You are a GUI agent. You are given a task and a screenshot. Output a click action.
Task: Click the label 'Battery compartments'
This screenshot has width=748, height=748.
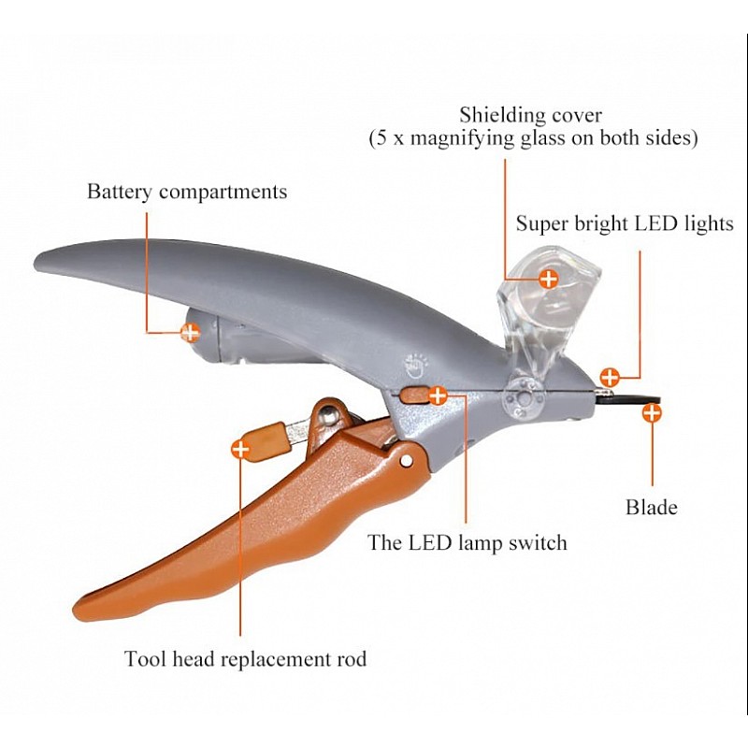pos(187,193)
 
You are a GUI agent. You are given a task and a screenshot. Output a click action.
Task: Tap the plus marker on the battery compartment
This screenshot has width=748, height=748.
pos(190,331)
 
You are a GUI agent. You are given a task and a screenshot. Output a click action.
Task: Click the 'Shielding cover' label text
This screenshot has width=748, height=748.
pos(530,115)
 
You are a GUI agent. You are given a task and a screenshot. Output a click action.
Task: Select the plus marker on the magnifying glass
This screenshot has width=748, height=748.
pos(549,278)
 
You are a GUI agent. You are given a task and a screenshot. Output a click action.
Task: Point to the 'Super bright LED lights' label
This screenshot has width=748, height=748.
pos(625,224)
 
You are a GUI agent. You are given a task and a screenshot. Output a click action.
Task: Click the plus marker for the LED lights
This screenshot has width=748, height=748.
pos(609,378)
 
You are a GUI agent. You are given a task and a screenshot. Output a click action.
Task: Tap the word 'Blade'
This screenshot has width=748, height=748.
pos(651,509)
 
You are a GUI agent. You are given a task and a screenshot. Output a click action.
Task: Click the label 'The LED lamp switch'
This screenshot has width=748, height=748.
pos(467,542)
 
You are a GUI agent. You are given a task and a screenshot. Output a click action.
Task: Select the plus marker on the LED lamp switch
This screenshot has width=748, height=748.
pos(437,396)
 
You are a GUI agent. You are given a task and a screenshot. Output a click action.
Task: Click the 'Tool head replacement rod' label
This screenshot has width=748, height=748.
pos(245,659)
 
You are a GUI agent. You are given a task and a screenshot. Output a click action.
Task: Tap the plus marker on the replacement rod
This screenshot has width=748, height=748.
pos(240,449)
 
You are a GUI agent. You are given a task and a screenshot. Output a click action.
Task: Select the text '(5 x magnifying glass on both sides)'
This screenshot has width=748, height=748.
pos(531,138)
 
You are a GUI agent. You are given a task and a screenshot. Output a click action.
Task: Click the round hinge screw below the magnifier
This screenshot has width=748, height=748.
pos(521,397)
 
